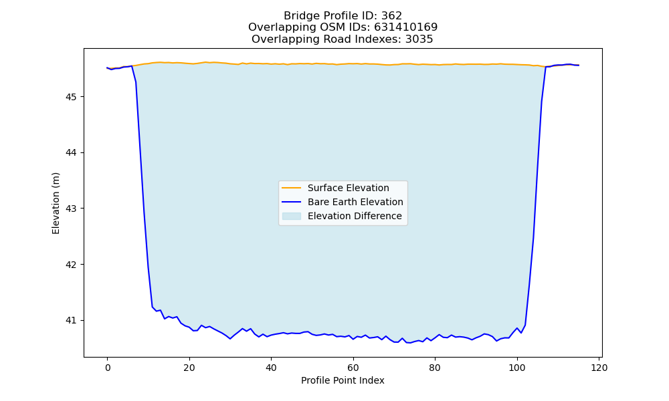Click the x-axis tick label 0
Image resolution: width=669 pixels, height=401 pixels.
tap(108, 368)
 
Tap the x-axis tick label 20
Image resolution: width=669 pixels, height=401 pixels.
tap(189, 368)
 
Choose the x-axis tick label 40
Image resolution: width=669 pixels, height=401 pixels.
tap(272, 368)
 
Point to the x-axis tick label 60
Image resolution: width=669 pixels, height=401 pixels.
tap(353, 368)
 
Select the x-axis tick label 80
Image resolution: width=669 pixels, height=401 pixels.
tap(436, 368)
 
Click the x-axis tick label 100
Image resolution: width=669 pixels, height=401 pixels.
tap(517, 368)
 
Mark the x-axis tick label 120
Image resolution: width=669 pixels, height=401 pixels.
tap(599, 368)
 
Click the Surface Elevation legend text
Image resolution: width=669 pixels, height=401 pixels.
tap(348, 188)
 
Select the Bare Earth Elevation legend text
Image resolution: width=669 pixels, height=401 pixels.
tap(355, 202)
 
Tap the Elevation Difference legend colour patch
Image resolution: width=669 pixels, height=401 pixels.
tap(292, 216)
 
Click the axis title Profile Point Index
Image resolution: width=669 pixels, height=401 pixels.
tap(343, 380)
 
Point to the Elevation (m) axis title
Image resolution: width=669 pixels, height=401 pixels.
tap(56, 203)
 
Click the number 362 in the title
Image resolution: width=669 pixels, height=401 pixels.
tap(391, 16)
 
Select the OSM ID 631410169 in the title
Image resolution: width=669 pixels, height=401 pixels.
tap(406, 27)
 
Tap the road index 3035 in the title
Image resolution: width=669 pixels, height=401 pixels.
tap(419, 39)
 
